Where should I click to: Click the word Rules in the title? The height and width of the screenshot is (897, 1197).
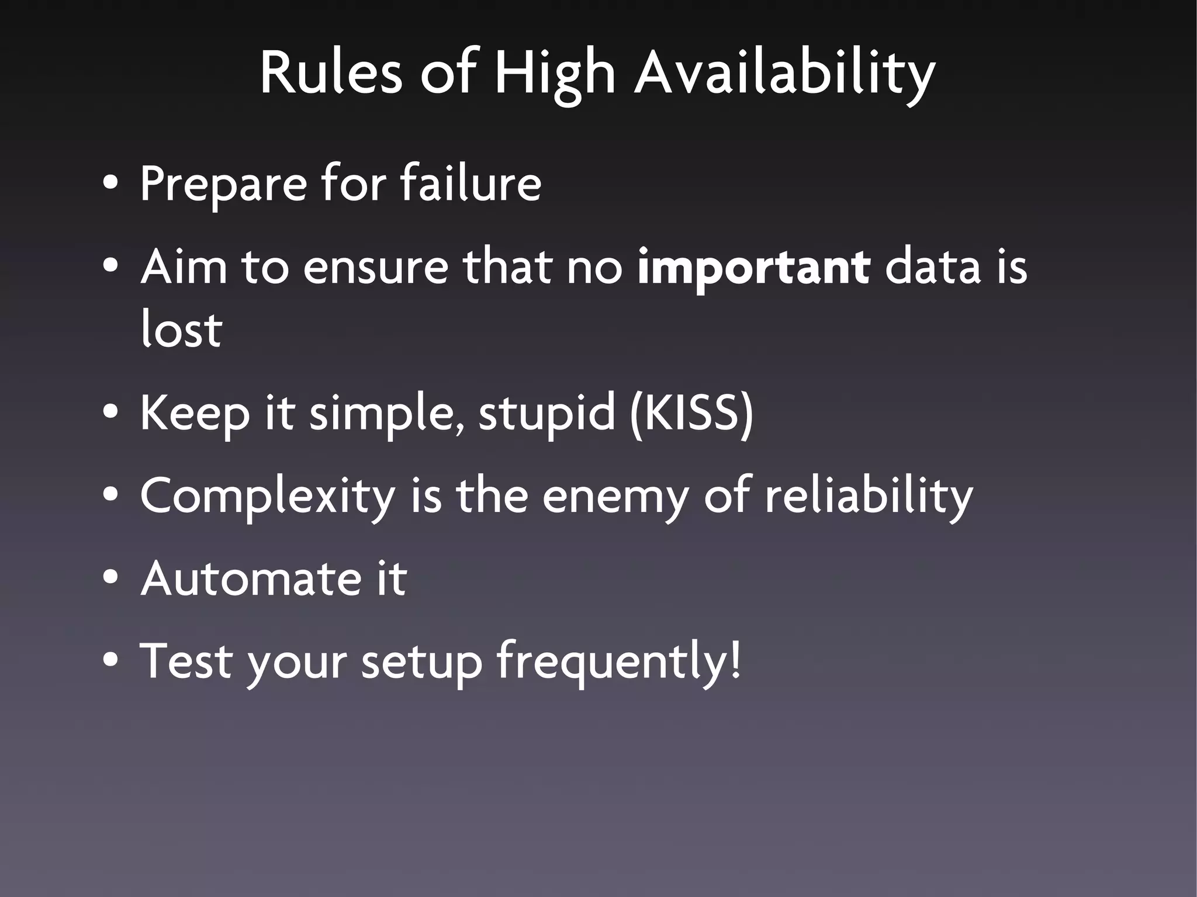pyautogui.click(x=331, y=73)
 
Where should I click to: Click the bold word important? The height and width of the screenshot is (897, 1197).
pyautogui.click(x=753, y=268)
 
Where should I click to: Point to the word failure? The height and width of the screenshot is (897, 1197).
pyautogui.click(x=471, y=183)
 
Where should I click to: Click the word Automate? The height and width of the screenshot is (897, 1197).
pyautogui.click(x=251, y=579)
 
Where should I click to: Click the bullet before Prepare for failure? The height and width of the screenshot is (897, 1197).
pyautogui.click(x=110, y=184)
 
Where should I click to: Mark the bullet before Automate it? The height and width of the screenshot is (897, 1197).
pyautogui.click(x=110, y=579)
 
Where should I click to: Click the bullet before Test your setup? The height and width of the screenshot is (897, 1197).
pyautogui.click(x=110, y=661)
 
